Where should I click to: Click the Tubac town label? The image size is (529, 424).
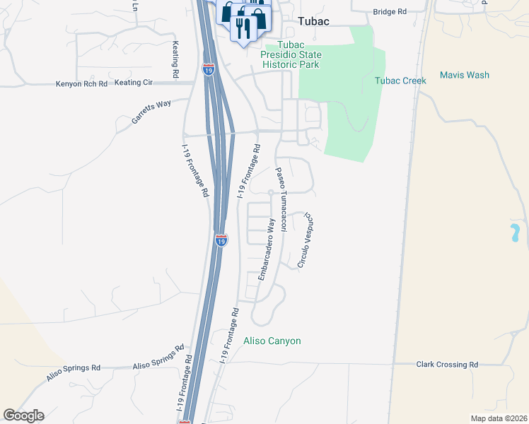coord(314,21)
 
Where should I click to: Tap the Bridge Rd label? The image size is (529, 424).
coord(390,12)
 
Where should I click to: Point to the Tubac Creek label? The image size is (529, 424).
coord(400,81)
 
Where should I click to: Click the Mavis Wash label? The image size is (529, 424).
coord(464,75)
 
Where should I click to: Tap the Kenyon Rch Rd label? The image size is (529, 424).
coord(81,84)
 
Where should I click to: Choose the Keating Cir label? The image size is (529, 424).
coord(133,83)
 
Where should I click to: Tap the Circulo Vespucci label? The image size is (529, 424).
coord(305,240)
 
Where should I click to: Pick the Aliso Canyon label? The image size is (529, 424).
coord(272,341)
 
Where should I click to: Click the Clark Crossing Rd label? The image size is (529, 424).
coord(447,365)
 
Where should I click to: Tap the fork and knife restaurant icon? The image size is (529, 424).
coord(244,28)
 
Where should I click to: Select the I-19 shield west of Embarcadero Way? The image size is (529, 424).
coord(221,241)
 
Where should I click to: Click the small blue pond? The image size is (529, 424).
coord(514,231)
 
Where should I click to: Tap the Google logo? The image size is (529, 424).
coord(23,416)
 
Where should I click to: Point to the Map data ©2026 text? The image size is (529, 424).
coord(499,418)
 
